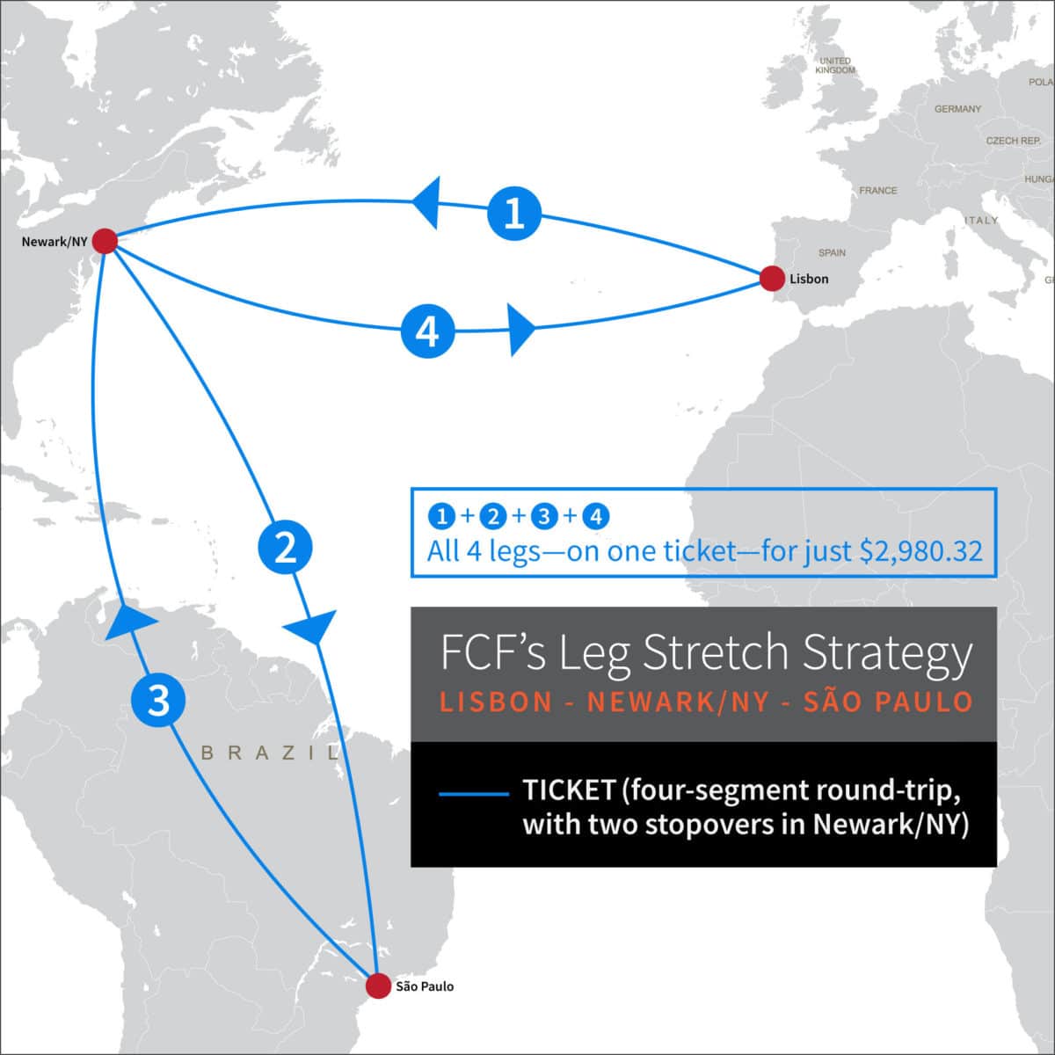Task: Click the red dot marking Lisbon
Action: (772, 279)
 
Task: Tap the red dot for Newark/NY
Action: (105, 240)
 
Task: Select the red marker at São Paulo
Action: (378, 986)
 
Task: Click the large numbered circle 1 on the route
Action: (514, 212)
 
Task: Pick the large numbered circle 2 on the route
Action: (285, 549)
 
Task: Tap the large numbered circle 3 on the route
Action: (158, 701)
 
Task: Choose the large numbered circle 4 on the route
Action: (428, 332)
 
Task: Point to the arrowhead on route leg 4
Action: (521, 330)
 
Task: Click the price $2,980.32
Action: (920, 551)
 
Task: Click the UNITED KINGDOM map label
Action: (834, 65)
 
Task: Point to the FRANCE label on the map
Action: (878, 190)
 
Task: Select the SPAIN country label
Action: (832, 252)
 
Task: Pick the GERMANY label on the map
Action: (957, 109)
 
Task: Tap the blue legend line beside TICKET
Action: (473, 793)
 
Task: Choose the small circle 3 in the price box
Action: (544, 516)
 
